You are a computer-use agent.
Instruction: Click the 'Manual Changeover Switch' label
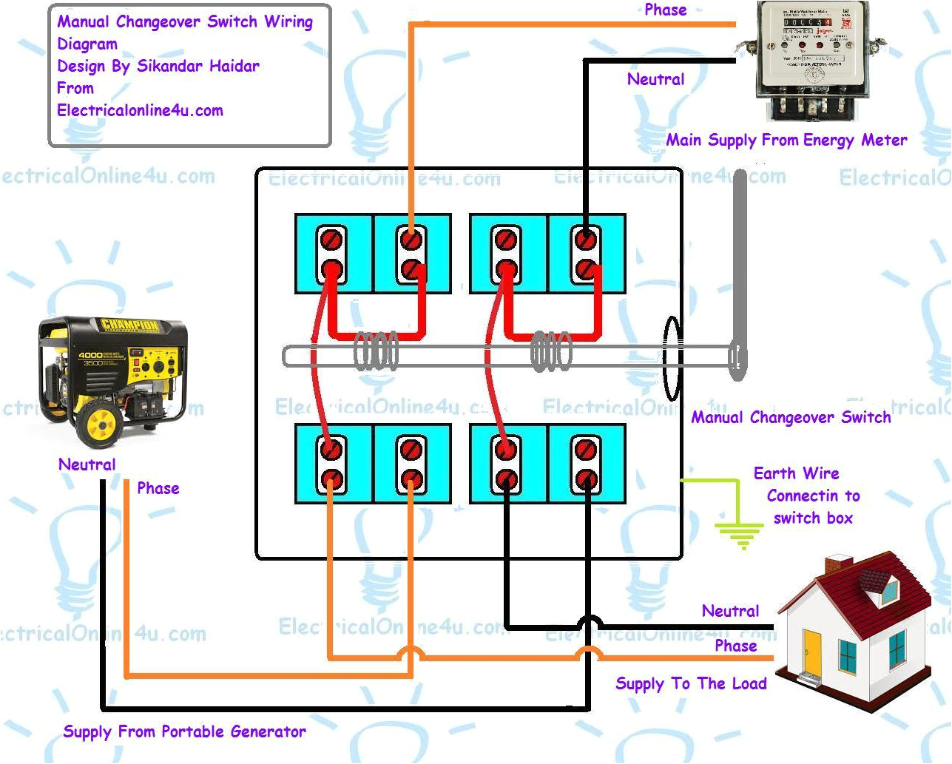pyautogui.click(x=791, y=417)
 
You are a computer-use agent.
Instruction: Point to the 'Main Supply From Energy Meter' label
pyautogui.click(x=786, y=140)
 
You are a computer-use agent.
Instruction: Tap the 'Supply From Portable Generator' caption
pyautogui.click(x=184, y=731)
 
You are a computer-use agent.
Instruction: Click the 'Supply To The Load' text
pyautogui.click(x=691, y=683)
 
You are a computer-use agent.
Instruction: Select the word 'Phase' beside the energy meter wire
pyautogui.click(x=665, y=10)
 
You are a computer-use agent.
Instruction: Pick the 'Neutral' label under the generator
pyautogui.click(x=87, y=464)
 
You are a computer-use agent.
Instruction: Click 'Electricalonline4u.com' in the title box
pyautogui.click(x=140, y=110)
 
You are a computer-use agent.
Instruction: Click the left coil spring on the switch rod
pyautogui.click(x=376, y=351)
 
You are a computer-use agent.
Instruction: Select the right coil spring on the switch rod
pyautogui.click(x=551, y=351)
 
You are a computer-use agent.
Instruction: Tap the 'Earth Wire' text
pyautogui.click(x=796, y=473)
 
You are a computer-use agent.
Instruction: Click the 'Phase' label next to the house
pyautogui.click(x=735, y=646)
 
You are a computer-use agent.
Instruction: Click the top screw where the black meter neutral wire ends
pyautogui.click(x=585, y=240)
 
